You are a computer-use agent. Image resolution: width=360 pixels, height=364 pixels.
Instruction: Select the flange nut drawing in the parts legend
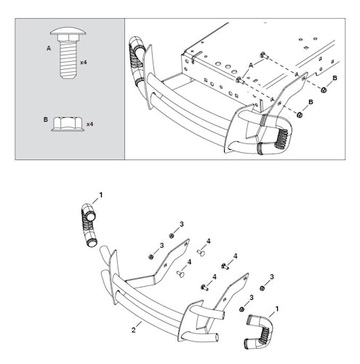pyautogui.click(x=67, y=125)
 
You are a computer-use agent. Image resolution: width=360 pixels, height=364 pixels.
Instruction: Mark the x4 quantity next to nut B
pyautogui.click(x=89, y=124)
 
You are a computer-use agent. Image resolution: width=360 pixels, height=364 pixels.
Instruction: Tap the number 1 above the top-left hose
pyautogui.click(x=102, y=195)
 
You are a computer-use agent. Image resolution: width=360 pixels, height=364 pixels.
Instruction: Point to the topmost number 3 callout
pyautogui.click(x=181, y=224)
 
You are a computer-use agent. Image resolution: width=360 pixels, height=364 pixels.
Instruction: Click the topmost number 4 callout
pyautogui.click(x=208, y=241)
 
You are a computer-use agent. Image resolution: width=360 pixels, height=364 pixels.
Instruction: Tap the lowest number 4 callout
pyautogui.click(x=214, y=277)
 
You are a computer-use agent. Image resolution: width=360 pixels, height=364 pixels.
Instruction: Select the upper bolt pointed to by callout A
pyautogui.click(x=261, y=57)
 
